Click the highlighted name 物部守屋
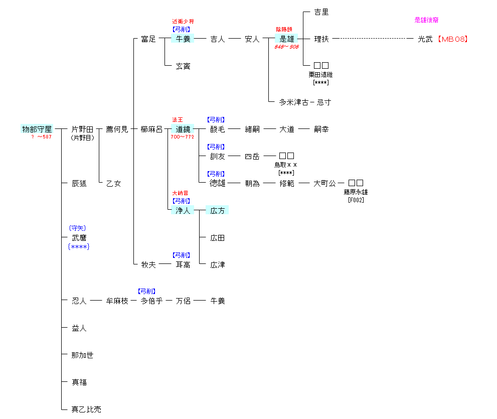point(37,129)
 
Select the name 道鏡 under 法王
point(183,129)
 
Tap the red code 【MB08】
point(452,39)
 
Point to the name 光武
point(425,39)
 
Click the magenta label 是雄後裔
point(427,20)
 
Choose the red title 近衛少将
point(183,22)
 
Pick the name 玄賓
point(183,66)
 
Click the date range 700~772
point(182,137)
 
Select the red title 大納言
point(181,193)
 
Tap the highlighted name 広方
point(217,210)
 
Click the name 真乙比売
point(86,409)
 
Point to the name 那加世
point(82,355)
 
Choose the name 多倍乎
point(151,301)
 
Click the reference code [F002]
point(356,200)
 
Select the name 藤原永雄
point(356,192)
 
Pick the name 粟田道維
point(321,75)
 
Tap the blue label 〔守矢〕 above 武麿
point(78,228)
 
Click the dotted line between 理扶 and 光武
point(371,39)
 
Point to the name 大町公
point(324,183)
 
